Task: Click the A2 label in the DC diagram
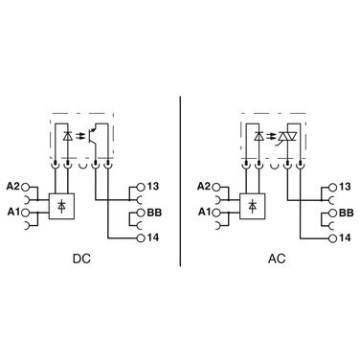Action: click(x=12, y=187)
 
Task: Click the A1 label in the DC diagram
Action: click(x=12, y=210)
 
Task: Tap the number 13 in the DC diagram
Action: click(x=154, y=187)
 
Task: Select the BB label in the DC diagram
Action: click(x=155, y=210)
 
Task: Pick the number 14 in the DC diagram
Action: click(x=154, y=236)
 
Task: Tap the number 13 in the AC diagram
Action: click(x=345, y=187)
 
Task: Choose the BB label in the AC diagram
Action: click(x=346, y=210)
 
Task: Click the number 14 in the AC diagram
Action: click(x=345, y=236)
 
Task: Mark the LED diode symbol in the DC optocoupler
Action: click(x=67, y=136)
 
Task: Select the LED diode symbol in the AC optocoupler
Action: click(x=259, y=136)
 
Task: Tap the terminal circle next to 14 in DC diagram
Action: click(x=140, y=236)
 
